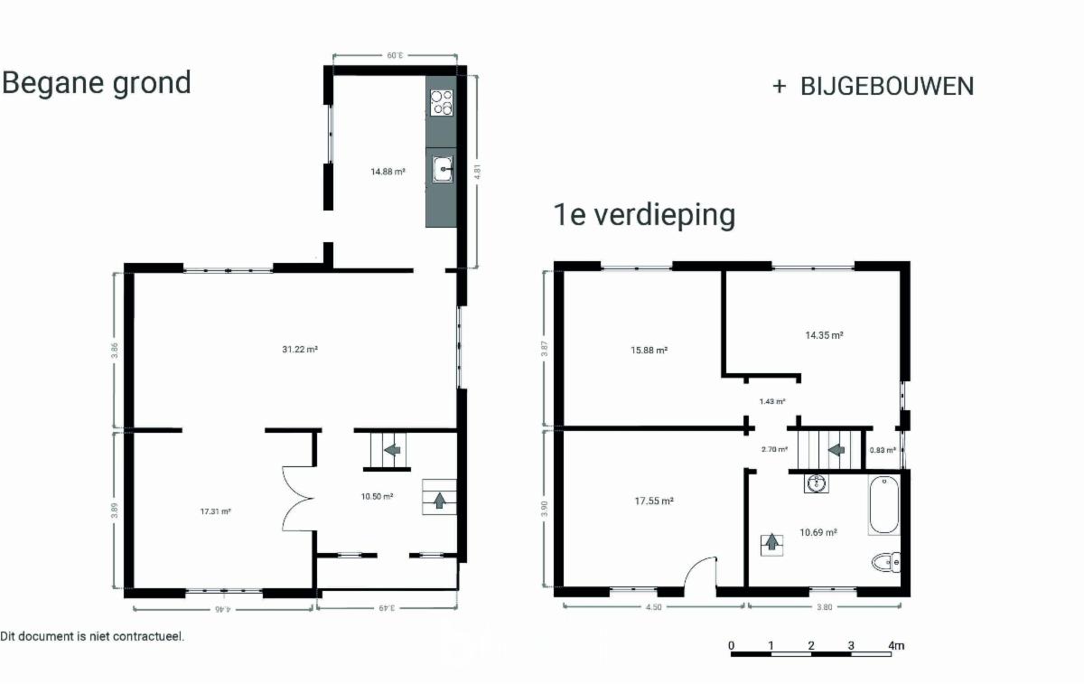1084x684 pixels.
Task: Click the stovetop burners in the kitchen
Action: point(442,102)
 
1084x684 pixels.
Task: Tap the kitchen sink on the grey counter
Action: point(443,169)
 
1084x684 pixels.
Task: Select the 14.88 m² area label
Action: point(388,172)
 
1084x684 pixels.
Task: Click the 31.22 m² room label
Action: point(300,349)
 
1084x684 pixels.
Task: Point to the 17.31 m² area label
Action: point(215,511)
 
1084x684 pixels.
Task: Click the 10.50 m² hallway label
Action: point(377,496)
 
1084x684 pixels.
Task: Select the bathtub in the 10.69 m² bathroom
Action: point(883,505)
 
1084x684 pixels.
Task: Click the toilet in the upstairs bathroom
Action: point(886,562)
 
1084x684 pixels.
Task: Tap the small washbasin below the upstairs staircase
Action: point(816,483)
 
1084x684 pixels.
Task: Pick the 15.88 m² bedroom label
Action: point(649,350)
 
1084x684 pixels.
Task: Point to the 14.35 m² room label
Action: point(824,335)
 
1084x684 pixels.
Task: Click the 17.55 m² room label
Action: point(654,501)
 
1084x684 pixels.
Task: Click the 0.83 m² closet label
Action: point(883,450)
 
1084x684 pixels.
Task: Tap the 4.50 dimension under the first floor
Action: point(653,607)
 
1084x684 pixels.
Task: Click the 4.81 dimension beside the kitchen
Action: point(477,172)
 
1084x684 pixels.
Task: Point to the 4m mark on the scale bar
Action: point(896,645)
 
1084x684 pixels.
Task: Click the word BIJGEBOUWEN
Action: point(887,86)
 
